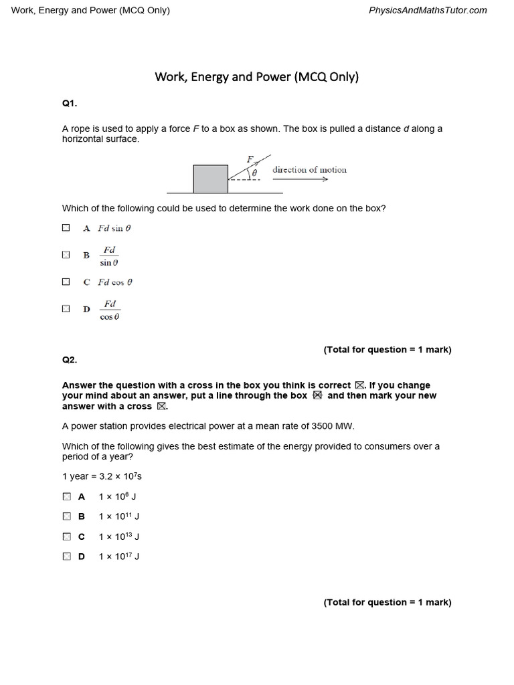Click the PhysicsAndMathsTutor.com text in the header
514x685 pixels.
(x=428, y=10)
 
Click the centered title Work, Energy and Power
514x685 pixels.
(x=257, y=76)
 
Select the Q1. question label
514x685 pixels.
(x=70, y=103)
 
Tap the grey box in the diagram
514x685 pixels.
(x=210, y=179)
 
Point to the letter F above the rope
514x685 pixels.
(x=250, y=159)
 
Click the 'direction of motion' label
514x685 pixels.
(x=309, y=169)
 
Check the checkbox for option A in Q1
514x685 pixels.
(x=66, y=227)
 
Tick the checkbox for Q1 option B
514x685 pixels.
(x=66, y=255)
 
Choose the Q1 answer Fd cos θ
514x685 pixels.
(x=115, y=282)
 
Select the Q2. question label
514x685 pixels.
(x=70, y=360)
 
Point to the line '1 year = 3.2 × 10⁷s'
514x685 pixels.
(x=102, y=476)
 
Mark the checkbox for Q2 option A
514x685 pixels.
(x=66, y=496)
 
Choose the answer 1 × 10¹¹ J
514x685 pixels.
(x=118, y=516)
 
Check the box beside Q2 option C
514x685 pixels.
(x=66, y=536)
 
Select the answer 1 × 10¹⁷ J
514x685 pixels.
(x=118, y=557)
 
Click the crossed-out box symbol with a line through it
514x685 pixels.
(x=317, y=395)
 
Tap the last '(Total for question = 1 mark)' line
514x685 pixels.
(x=388, y=602)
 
